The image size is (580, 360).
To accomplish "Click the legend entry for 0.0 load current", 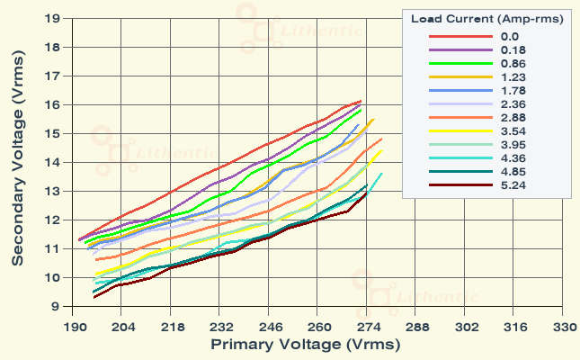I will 503,37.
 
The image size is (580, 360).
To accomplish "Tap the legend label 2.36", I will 505,104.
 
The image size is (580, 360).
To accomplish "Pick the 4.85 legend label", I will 505,172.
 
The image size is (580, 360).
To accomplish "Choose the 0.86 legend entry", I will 505,64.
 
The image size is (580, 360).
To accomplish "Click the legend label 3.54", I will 505,131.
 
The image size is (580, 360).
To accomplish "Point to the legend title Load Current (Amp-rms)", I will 486,19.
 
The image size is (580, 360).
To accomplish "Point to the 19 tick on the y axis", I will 53,18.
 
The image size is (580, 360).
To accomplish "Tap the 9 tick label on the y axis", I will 57,307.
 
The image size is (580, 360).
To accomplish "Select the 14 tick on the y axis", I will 53,163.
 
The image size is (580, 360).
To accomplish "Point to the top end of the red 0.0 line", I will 361,101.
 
